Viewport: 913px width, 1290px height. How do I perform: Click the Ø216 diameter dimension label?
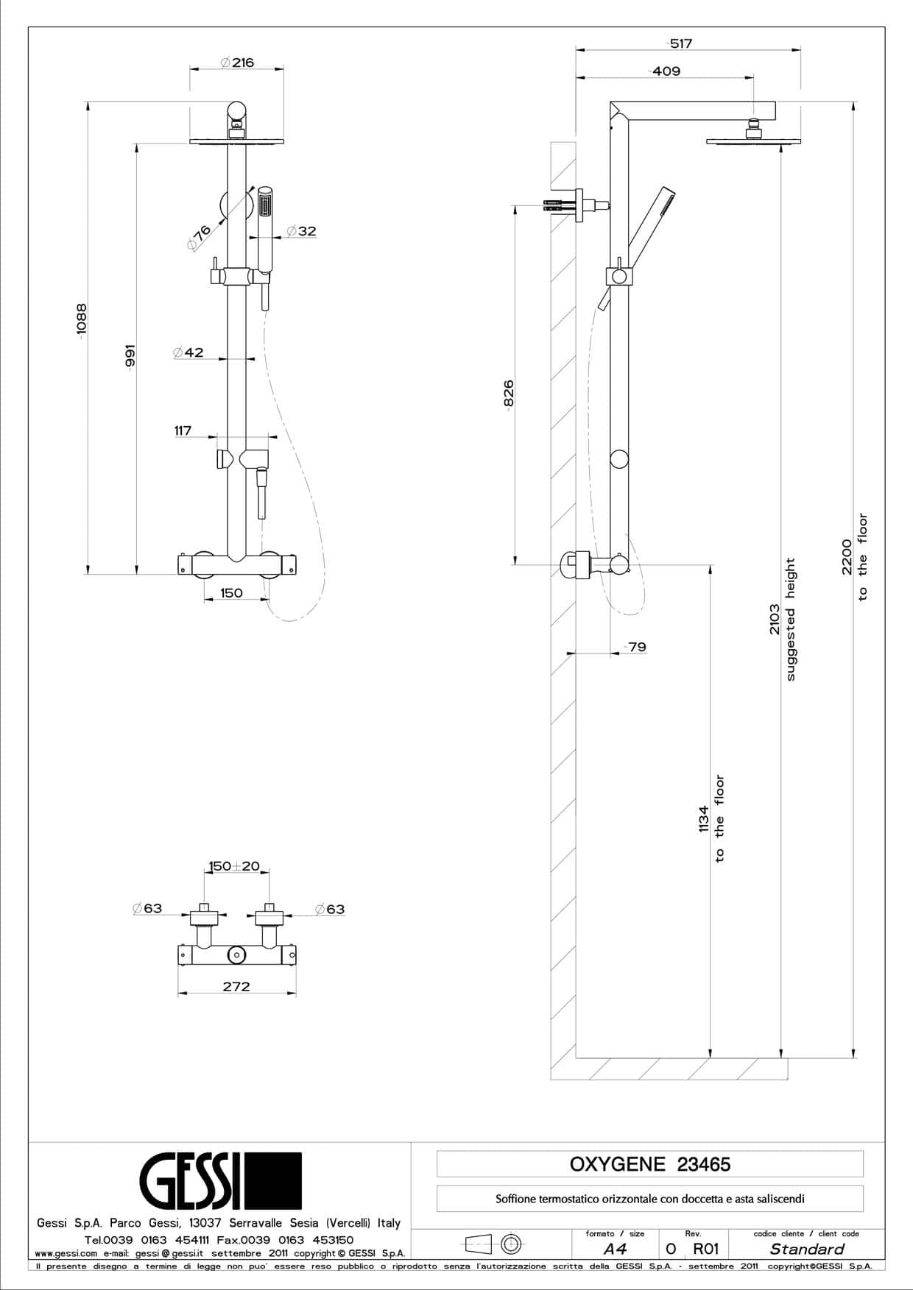point(237,63)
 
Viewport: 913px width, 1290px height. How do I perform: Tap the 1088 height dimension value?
point(81,319)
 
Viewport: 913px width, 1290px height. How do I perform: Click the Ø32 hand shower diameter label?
point(301,231)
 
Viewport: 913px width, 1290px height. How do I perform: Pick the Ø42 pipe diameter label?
point(188,352)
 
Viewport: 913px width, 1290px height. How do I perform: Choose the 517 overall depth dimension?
point(680,43)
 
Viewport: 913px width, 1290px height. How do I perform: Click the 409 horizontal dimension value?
point(666,71)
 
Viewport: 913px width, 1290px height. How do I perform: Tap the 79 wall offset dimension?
point(636,647)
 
